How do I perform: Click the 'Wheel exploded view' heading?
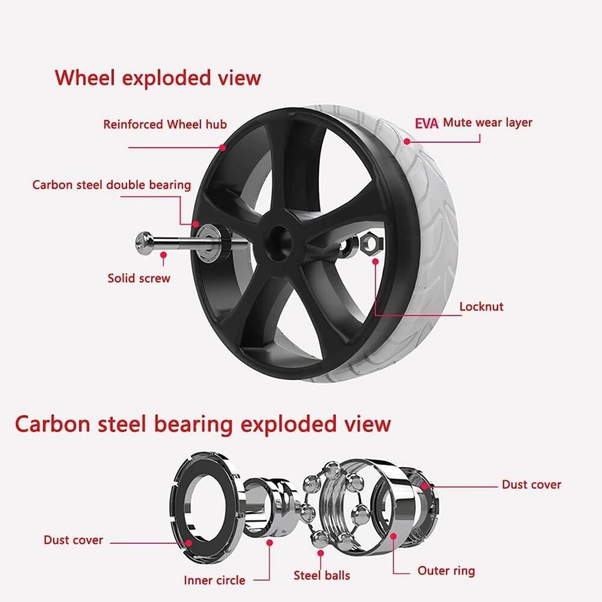[158, 78]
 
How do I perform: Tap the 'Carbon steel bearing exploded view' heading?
[203, 425]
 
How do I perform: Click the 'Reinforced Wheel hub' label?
[165, 124]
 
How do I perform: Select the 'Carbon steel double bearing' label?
[111, 185]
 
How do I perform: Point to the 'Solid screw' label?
[138, 278]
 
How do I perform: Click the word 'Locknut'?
[482, 307]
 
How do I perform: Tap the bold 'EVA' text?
[427, 124]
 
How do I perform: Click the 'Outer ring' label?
[446, 571]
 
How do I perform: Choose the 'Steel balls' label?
[322, 575]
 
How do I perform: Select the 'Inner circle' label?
[214, 580]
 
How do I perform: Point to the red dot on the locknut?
[376, 261]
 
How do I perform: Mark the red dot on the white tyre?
[406, 141]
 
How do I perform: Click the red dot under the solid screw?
[163, 255]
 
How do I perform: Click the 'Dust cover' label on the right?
[531, 485]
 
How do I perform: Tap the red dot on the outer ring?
[393, 536]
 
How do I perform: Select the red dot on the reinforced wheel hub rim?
[222, 147]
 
